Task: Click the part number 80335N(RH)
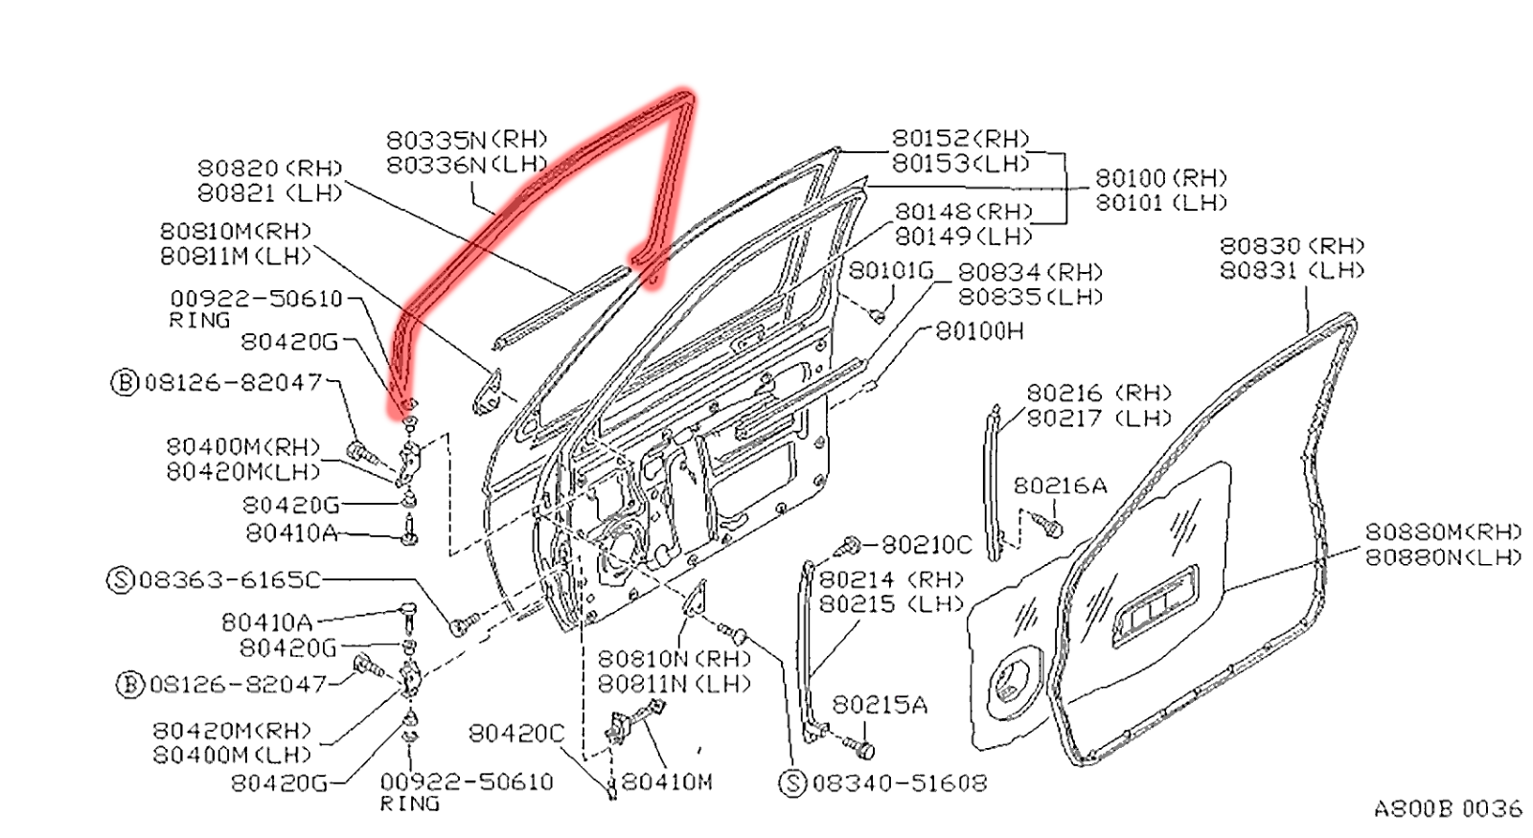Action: (x=467, y=140)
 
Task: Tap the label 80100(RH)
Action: (x=1160, y=178)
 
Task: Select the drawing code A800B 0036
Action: (x=1447, y=809)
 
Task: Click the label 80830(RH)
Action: (x=1292, y=246)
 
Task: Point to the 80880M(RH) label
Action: (x=1443, y=532)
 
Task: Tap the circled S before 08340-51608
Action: (x=793, y=783)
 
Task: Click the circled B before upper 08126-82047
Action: (x=126, y=383)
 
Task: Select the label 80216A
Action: (x=1060, y=487)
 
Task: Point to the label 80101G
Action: (x=891, y=271)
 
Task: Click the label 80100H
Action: (x=979, y=331)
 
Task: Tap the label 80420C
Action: (x=516, y=734)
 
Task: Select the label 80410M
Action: (x=667, y=782)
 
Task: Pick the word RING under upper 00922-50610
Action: (x=199, y=321)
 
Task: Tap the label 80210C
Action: (x=926, y=545)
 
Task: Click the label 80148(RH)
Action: (x=963, y=212)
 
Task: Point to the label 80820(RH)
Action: (x=269, y=169)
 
